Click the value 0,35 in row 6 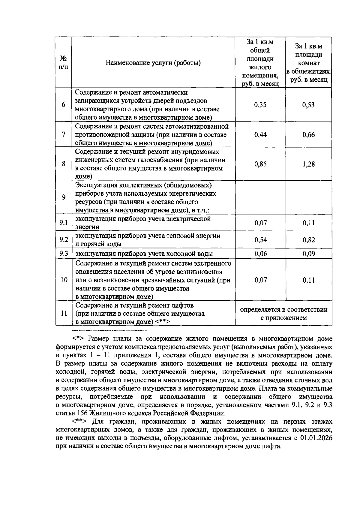(x=260, y=105)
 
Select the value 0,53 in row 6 (x=308, y=105)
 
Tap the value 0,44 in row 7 (x=260, y=134)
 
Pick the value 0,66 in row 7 (x=308, y=134)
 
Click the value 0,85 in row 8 (x=260, y=164)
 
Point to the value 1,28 (x=308, y=164)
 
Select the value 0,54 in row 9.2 (x=260, y=240)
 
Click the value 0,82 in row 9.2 (x=308, y=240)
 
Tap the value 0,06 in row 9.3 (x=260, y=254)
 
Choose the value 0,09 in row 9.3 (x=308, y=254)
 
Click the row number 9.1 (x=64, y=223)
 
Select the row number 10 (x=64, y=280)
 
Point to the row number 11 (x=64, y=313)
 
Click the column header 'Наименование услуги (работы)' (x=153, y=63)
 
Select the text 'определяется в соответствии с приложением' (x=284, y=314)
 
